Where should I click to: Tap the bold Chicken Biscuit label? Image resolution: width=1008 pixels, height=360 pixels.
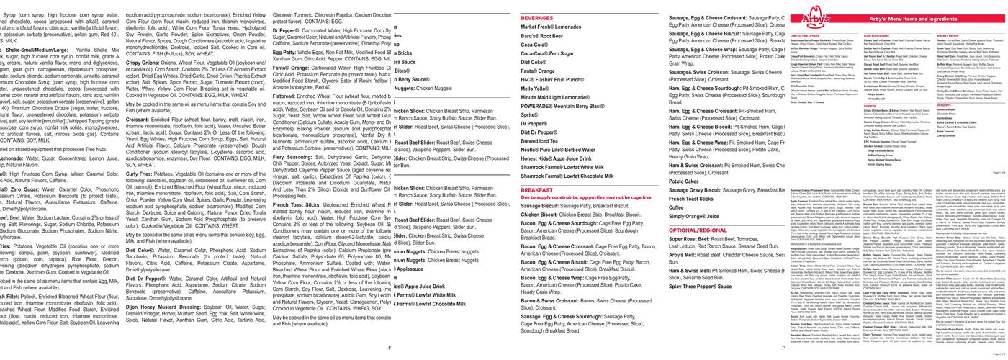(539, 215)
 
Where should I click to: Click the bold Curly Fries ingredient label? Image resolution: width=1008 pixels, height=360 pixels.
(139, 174)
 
